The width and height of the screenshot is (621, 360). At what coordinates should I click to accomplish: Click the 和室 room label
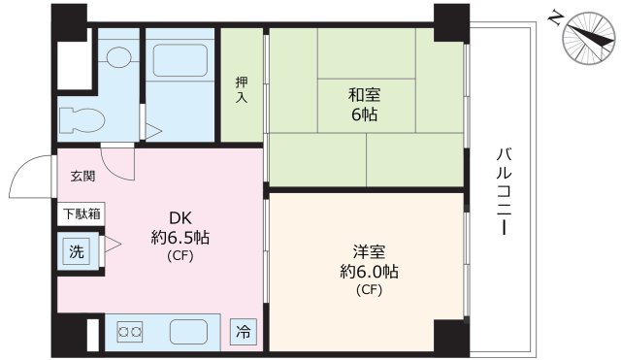pos(364,95)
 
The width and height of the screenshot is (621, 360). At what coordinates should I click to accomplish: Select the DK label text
pos(180,218)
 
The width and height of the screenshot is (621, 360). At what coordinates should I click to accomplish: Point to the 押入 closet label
pos(242,90)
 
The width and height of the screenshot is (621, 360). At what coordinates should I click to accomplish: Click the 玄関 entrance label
pos(83,177)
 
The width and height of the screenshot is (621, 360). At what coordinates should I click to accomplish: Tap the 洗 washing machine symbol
pos(76,251)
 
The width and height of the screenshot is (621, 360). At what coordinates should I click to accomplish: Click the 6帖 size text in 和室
pos(365,115)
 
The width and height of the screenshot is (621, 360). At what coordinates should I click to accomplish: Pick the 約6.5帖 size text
pos(180,238)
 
